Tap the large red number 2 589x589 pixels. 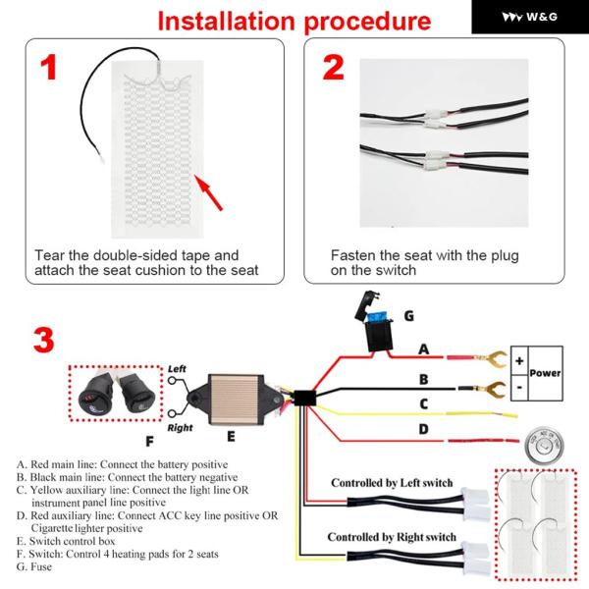pyautogui.click(x=334, y=68)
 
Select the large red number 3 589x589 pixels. pyautogui.click(x=42, y=340)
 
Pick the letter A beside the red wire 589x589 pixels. pyautogui.click(x=424, y=348)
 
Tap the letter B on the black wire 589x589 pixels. pyautogui.click(x=424, y=377)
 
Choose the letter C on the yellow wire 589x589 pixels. pyautogui.click(x=424, y=403)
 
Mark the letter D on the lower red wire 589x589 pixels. pyautogui.click(x=424, y=429)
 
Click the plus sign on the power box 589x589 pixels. pyautogui.click(x=519, y=360)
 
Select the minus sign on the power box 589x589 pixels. pyautogui.click(x=519, y=387)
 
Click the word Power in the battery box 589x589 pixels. pyautogui.click(x=546, y=373)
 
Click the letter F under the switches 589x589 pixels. pyautogui.click(x=149, y=441)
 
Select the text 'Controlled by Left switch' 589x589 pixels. pyautogui.click(x=393, y=483)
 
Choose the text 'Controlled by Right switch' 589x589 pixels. pyautogui.click(x=392, y=537)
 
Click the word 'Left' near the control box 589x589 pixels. pyautogui.click(x=177, y=368)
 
